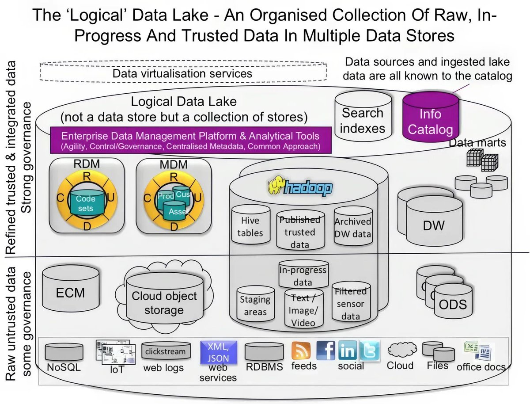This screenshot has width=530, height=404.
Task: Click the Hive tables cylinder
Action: click(x=250, y=226)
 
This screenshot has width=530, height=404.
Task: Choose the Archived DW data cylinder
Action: click(x=352, y=227)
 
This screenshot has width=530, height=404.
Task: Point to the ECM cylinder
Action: click(x=71, y=292)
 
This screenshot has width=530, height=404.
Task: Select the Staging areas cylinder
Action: click(x=255, y=305)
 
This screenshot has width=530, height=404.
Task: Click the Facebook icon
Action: click(x=326, y=351)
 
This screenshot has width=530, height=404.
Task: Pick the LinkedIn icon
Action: click(x=348, y=351)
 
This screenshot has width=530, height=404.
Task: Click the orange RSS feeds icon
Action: click(x=301, y=351)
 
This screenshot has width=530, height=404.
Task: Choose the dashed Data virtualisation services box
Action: click(x=183, y=73)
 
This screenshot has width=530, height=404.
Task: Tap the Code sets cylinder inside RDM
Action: click(x=86, y=203)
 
